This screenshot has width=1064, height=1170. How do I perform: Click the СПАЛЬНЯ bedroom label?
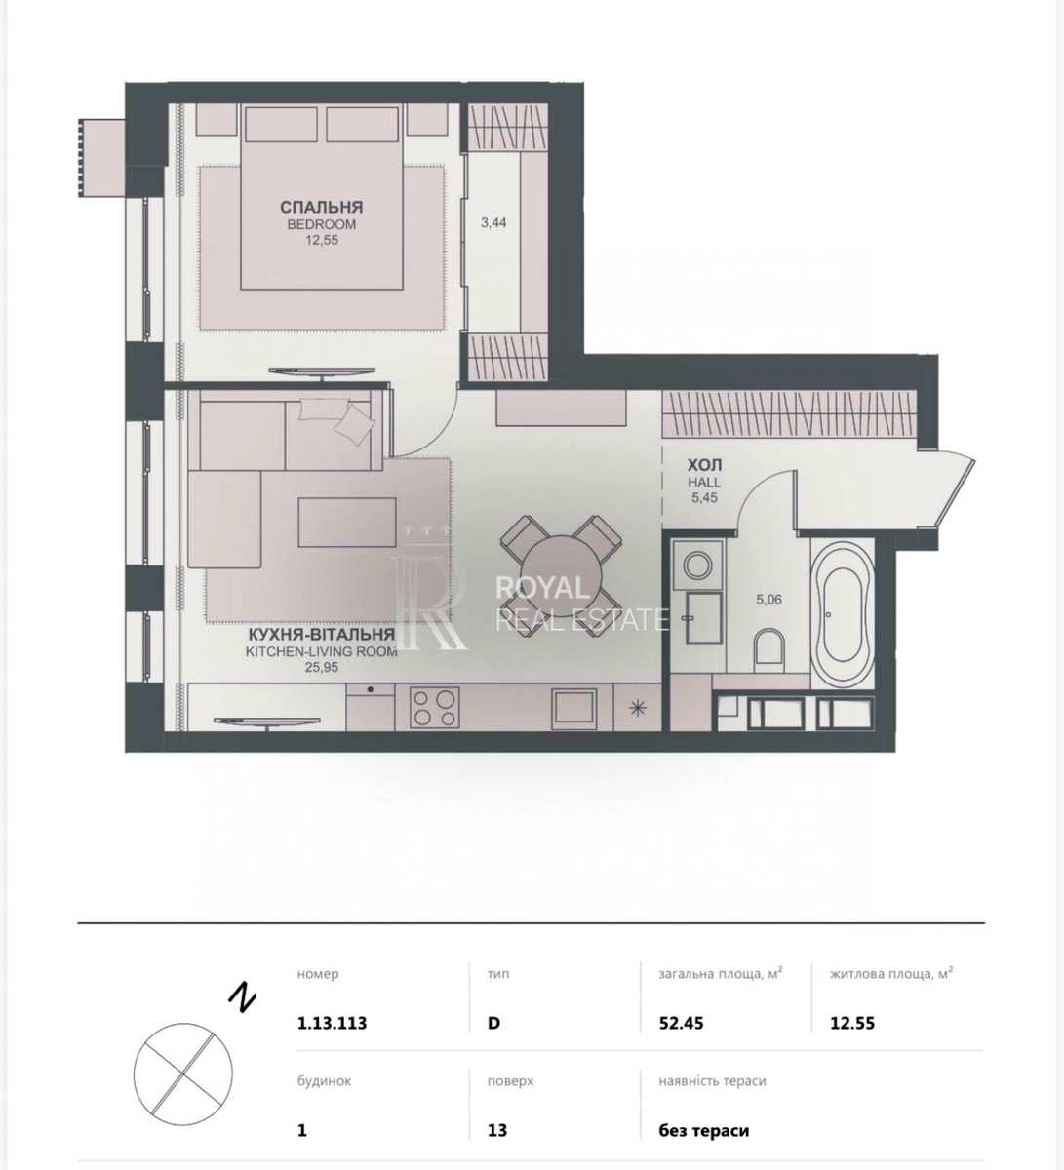click(322, 207)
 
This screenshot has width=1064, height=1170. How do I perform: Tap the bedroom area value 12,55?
click(322, 240)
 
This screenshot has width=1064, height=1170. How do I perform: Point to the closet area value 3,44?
click(493, 222)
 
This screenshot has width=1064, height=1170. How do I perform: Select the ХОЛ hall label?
click(704, 465)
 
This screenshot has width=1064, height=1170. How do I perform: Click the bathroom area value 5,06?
click(768, 599)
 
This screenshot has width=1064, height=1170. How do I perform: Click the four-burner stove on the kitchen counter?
click(435, 707)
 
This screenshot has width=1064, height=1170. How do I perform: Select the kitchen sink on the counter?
click(574, 706)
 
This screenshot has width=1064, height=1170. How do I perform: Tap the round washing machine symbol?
click(697, 565)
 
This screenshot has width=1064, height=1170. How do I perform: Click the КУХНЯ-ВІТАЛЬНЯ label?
click(322, 634)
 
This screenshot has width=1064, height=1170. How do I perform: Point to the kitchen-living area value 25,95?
click(322, 667)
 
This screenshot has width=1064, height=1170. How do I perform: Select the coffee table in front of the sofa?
click(347, 522)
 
